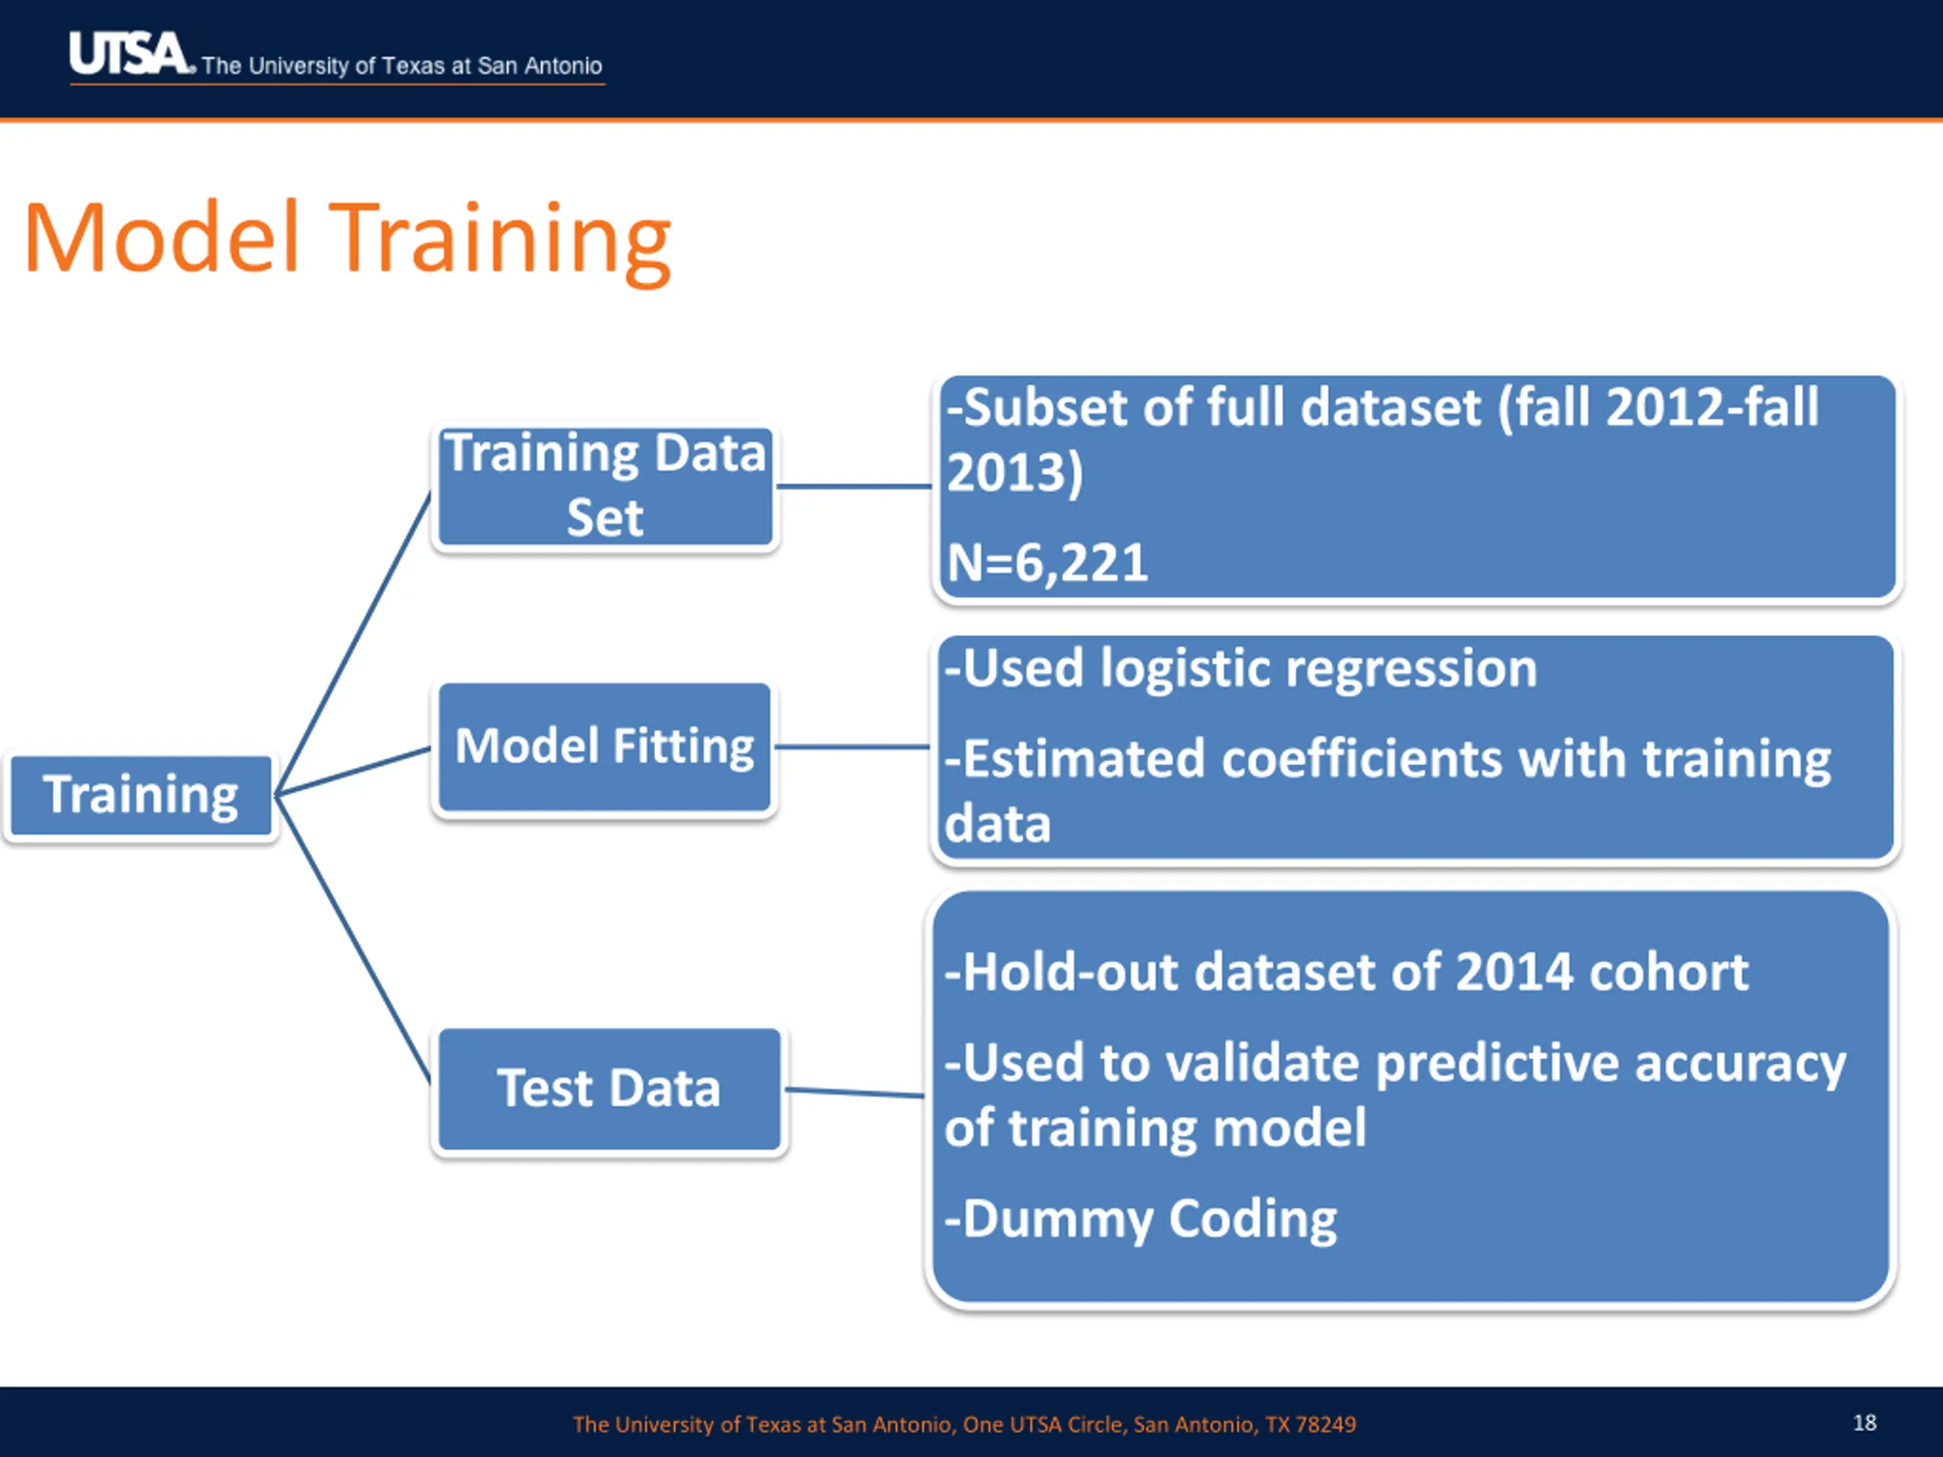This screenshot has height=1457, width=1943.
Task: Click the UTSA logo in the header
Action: point(130,54)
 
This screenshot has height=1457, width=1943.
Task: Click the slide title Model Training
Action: point(348,240)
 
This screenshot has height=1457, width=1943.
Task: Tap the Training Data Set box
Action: point(605,486)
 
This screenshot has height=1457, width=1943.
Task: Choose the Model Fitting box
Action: point(604,747)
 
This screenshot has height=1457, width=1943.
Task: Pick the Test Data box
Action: point(609,1089)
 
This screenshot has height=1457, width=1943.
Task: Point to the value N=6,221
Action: point(1047,562)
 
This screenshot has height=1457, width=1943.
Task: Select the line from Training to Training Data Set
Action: point(353,644)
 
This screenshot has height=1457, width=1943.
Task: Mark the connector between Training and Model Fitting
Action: point(353,772)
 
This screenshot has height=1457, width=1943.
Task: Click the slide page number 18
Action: point(1865,1423)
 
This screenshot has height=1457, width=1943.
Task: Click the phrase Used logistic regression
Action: point(1250,669)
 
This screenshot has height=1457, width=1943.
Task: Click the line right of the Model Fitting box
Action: point(852,747)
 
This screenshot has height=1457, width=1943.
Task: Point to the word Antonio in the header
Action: point(563,66)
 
